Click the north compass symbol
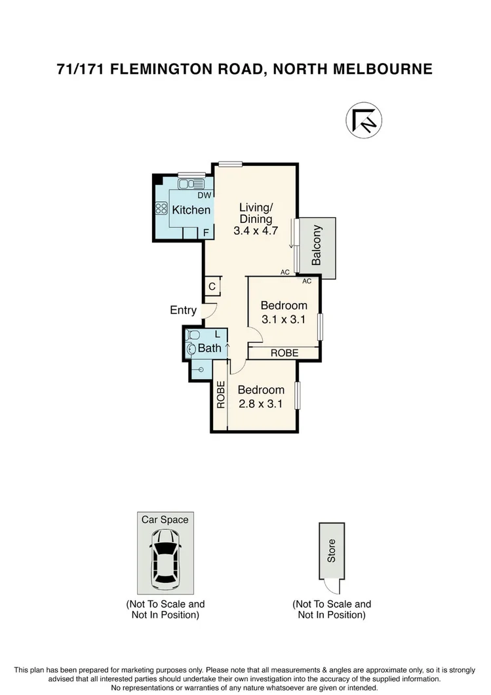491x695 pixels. (x=364, y=121)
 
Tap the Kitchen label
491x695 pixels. (x=191, y=210)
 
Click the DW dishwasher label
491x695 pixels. (x=204, y=195)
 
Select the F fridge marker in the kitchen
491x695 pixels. (x=206, y=232)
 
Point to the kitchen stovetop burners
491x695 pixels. (x=161, y=209)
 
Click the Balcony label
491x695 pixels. (x=317, y=245)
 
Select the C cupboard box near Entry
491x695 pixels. (x=212, y=287)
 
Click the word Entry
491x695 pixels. (x=184, y=310)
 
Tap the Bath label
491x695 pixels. (x=210, y=348)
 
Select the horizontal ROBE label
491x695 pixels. (x=283, y=353)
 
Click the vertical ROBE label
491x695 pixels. (x=221, y=395)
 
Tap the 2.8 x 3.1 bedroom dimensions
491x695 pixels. (x=260, y=404)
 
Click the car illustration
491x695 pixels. (x=165, y=559)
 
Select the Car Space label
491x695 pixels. (x=165, y=520)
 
